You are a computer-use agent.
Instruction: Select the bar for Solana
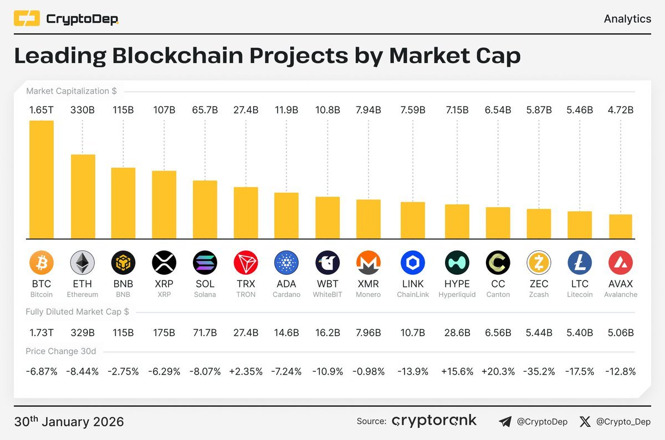tap(205, 209)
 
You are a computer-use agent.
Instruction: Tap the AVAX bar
tap(621, 226)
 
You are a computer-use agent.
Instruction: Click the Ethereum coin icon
tap(83, 262)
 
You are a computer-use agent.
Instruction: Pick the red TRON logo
tap(246, 262)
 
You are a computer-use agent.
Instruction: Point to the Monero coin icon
tap(369, 262)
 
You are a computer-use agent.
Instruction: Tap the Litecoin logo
tap(580, 262)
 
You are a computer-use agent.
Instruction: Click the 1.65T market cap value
tap(42, 110)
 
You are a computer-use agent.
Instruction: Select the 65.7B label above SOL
tap(205, 110)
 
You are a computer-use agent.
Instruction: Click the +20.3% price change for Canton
tap(498, 371)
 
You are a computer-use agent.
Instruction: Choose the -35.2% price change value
tap(539, 371)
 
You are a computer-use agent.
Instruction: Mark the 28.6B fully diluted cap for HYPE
tap(457, 332)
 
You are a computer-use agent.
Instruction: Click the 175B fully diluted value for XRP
tap(164, 332)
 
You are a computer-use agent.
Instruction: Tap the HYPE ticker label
tap(457, 284)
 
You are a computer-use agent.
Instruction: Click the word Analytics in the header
tap(627, 19)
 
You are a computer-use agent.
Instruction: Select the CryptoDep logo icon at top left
tap(27, 19)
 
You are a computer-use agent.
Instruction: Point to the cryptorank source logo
tap(434, 421)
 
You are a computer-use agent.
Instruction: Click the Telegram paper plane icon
tap(505, 422)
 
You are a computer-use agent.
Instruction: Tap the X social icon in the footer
tap(585, 422)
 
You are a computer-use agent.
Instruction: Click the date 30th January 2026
tap(69, 422)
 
